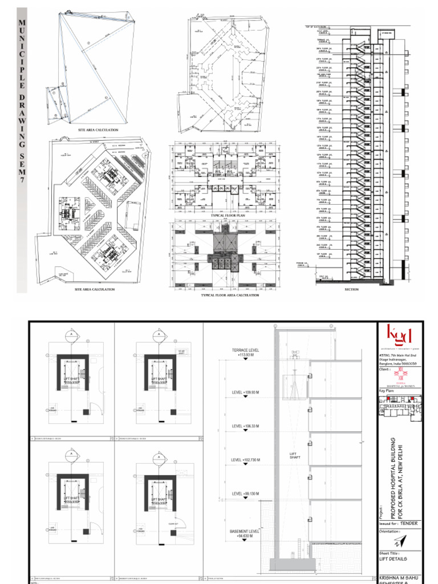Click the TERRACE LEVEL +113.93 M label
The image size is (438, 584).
[245, 352]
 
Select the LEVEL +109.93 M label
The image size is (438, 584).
[245, 392]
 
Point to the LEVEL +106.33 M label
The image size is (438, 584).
[245, 426]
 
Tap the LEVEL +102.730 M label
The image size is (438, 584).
[245, 460]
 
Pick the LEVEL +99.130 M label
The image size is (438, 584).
[245, 493]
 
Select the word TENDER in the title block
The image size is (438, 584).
[409, 523]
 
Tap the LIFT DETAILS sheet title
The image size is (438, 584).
[394, 559]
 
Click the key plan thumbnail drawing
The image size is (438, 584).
[400, 406]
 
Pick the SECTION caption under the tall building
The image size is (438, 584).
[351, 289]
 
